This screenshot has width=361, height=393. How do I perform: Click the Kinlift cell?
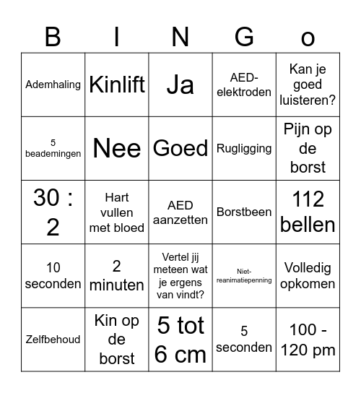(x=117, y=85)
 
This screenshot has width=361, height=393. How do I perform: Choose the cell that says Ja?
(x=180, y=85)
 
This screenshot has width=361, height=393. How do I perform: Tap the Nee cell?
(x=117, y=148)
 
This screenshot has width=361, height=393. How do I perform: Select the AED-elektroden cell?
(x=244, y=85)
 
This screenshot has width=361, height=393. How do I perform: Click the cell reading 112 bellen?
(x=308, y=212)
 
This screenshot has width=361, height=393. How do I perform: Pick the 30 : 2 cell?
(x=53, y=212)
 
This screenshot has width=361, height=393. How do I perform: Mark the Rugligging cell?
(x=244, y=148)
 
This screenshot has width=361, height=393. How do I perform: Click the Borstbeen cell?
(x=244, y=212)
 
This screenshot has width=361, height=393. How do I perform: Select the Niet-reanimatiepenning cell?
(x=244, y=275)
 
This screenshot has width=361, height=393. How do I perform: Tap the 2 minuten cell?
(x=117, y=275)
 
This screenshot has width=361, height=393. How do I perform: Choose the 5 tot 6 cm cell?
(x=180, y=339)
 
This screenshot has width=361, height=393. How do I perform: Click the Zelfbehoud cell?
(x=53, y=339)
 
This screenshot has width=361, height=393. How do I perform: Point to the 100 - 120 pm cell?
(x=308, y=339)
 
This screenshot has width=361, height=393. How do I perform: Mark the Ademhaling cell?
(x=53, y=85)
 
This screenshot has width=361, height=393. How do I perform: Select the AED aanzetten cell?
(x=180, y=212)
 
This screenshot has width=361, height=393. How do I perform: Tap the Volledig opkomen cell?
(x=308, y=275)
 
